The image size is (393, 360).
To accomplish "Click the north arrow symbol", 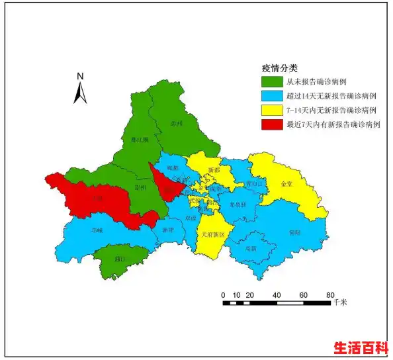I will (x=80, y=89).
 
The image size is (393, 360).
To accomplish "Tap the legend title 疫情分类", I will (x=280, y=68).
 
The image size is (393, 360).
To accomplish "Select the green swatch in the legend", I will (x=271, y=82).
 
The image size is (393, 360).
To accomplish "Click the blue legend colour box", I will (x=271, y=96).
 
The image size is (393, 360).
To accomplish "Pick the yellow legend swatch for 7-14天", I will (x=271, y=110).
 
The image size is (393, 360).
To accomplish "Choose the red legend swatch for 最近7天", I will (x=271, y=124).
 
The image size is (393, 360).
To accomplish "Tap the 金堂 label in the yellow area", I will (x=287, y=184).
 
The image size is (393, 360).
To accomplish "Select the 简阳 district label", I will (x=295, y=233).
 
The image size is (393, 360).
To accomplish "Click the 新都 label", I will (x=214, y=171).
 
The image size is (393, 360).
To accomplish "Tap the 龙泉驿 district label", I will (x=238, y=204).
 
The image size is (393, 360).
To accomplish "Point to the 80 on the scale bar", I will (x=329, y=294).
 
